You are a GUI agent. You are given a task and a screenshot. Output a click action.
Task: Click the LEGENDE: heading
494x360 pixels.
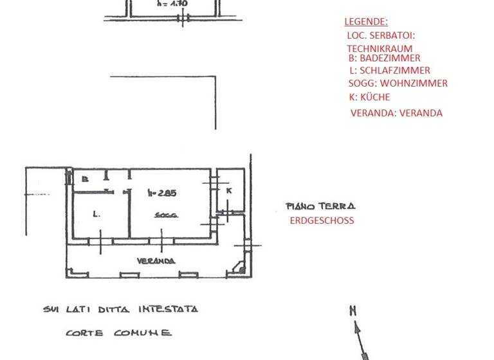click(x=366, y=22)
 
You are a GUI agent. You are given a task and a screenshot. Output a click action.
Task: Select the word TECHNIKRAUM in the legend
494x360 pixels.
click(x=380, y=48)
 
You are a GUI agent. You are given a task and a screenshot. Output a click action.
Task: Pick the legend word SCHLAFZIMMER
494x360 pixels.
click(x=394, y=70)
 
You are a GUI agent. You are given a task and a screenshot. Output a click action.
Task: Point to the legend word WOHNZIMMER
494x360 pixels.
click(x=414, y=83)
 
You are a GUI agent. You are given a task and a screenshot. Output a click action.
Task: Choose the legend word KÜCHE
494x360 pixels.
click(x=374, y=97)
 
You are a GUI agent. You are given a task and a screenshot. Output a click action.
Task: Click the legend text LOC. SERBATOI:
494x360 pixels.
click(x=381, y=35)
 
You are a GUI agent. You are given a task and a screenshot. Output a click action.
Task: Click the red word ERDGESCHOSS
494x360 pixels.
click(x=322, y=221)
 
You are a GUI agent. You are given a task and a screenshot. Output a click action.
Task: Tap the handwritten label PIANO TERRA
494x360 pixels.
click(x=320, y=206)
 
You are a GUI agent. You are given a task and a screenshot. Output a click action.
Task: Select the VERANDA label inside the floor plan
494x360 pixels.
click(x=156, y=261)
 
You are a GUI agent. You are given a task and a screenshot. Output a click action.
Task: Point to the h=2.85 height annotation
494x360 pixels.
click(x=161, y=192)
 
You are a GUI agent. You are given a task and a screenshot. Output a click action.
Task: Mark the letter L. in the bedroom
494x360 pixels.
click(x=96, y=214)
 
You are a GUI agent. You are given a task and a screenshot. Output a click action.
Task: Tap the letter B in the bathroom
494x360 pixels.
click(x=84, y=179)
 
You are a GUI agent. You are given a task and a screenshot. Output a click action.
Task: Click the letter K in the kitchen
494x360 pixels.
click(x=228, y=190)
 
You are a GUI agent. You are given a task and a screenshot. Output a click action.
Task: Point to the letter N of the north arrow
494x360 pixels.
click(x=352, y=311)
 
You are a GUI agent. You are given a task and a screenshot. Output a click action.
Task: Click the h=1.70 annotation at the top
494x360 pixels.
click(x=172, y=3)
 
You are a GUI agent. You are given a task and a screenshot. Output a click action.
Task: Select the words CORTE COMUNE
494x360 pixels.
click(x=118, y=333)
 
